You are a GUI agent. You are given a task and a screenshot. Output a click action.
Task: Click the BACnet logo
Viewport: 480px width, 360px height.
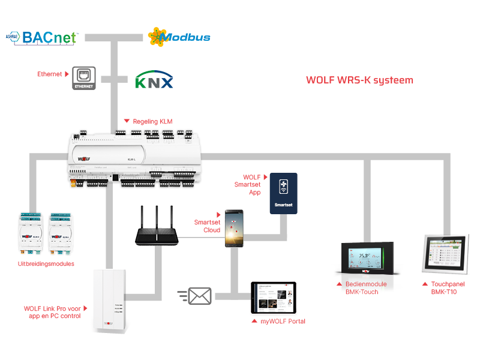(x=42, y=37)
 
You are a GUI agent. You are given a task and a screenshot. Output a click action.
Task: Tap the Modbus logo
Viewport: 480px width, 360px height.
(x=179, y=37)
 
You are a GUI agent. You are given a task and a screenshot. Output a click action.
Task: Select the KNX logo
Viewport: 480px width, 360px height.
(x=154, y=80)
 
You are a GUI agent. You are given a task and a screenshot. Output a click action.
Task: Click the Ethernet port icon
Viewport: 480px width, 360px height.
(x=84, y=79)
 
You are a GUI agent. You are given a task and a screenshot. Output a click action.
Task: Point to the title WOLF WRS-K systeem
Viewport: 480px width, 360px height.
(x=359, y=80)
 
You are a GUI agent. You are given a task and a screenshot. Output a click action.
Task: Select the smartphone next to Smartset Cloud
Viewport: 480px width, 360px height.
(x=234, y=229)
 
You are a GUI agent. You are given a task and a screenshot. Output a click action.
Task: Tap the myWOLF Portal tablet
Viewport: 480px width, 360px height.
(x=274, y=298)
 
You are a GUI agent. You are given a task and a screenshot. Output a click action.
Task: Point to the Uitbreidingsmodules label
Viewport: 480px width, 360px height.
(x=46, y=264)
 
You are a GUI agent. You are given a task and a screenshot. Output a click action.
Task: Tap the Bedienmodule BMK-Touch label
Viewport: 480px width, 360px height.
(x=366, y=288)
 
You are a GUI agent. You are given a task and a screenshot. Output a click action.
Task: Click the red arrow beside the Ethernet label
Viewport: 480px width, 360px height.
(x=66, y=74)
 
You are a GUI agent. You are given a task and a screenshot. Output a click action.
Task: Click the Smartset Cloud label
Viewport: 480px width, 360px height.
(x=207, y=226)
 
